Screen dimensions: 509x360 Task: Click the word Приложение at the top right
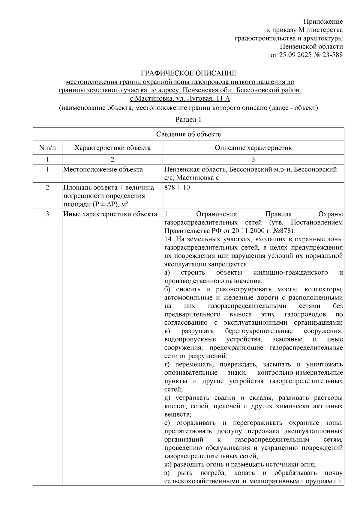[x=323, y=22]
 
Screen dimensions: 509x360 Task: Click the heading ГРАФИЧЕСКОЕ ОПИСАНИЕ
[x=188, y=73]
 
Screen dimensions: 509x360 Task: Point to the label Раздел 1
[x=188, y=120]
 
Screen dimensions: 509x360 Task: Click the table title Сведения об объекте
[x=188, y=134]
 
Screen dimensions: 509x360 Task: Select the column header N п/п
[x=47, y=148]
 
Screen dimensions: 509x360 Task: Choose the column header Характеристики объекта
[x=112, y=148]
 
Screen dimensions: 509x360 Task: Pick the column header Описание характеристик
[x=253, y=148]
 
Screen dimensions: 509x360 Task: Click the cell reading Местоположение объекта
[x=103, y=170]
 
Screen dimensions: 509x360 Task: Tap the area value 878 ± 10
[x=177, y=188]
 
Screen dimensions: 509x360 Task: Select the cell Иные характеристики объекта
[x=110, y=214]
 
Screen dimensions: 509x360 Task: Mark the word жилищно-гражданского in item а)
[x=290, y=272]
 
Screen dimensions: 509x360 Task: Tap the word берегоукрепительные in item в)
[x=259, y=331]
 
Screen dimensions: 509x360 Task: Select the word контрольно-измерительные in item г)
[x=300, y=373]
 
